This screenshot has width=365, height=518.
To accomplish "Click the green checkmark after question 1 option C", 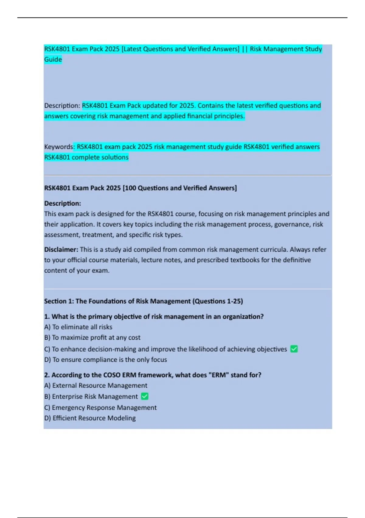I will point(294,349).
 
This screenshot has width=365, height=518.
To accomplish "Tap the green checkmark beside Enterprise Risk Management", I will point(145,396).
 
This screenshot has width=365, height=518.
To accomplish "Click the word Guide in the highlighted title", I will point(53,59).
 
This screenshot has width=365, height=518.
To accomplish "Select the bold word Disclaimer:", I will point(61,250).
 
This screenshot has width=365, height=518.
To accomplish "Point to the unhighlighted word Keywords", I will point(58,147).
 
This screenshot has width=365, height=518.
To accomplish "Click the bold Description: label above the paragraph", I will point(63,203).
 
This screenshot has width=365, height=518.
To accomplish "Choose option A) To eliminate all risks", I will point(78,327).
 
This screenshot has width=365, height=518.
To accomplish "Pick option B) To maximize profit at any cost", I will point(92,338).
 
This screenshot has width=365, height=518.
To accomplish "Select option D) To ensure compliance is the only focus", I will point(106,360).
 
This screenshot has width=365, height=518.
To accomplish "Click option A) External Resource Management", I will point(96,385).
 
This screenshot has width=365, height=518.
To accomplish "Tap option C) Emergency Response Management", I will point(100,407).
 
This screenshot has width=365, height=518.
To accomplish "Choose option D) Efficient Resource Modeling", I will point(90,418).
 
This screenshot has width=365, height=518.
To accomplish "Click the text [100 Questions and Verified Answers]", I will point(179,188).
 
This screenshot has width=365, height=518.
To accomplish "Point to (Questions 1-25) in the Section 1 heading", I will point(217,301).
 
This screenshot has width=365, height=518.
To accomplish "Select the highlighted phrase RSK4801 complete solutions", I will point(86,157).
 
